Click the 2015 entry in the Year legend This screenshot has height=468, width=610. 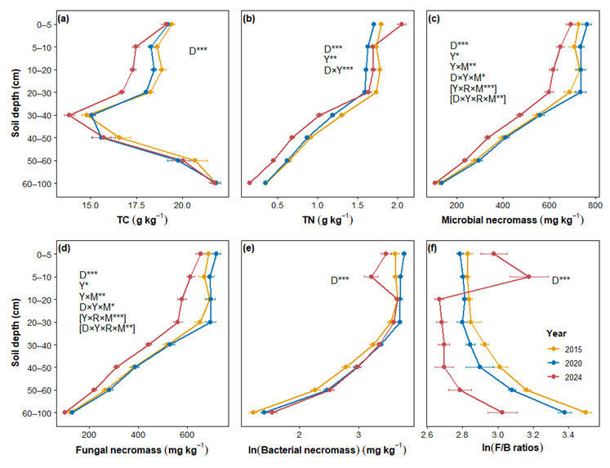click(564, 350)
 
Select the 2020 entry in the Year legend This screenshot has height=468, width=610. click(564, 363)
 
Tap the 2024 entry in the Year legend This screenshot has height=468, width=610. click(564, 377)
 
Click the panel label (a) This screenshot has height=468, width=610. click(63, 18)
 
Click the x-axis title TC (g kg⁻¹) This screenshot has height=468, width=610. click(142, 221)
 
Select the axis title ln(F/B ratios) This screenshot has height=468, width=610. click(512, 448)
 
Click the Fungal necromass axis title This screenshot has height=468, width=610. click(142, 450)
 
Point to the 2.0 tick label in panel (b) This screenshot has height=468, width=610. click(398, 205)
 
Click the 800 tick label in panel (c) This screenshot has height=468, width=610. click(595, 205)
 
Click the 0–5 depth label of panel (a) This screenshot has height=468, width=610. click(43, 25)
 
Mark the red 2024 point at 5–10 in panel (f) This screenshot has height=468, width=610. click(528, 277)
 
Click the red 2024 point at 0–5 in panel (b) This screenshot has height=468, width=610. click(402, 25)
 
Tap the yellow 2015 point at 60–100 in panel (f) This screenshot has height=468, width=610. click(586, 412)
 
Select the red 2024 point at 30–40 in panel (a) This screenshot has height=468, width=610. click(69, 115)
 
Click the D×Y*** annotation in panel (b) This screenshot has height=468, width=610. click(339, 70)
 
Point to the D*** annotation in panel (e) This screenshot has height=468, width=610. click(340, 280)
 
